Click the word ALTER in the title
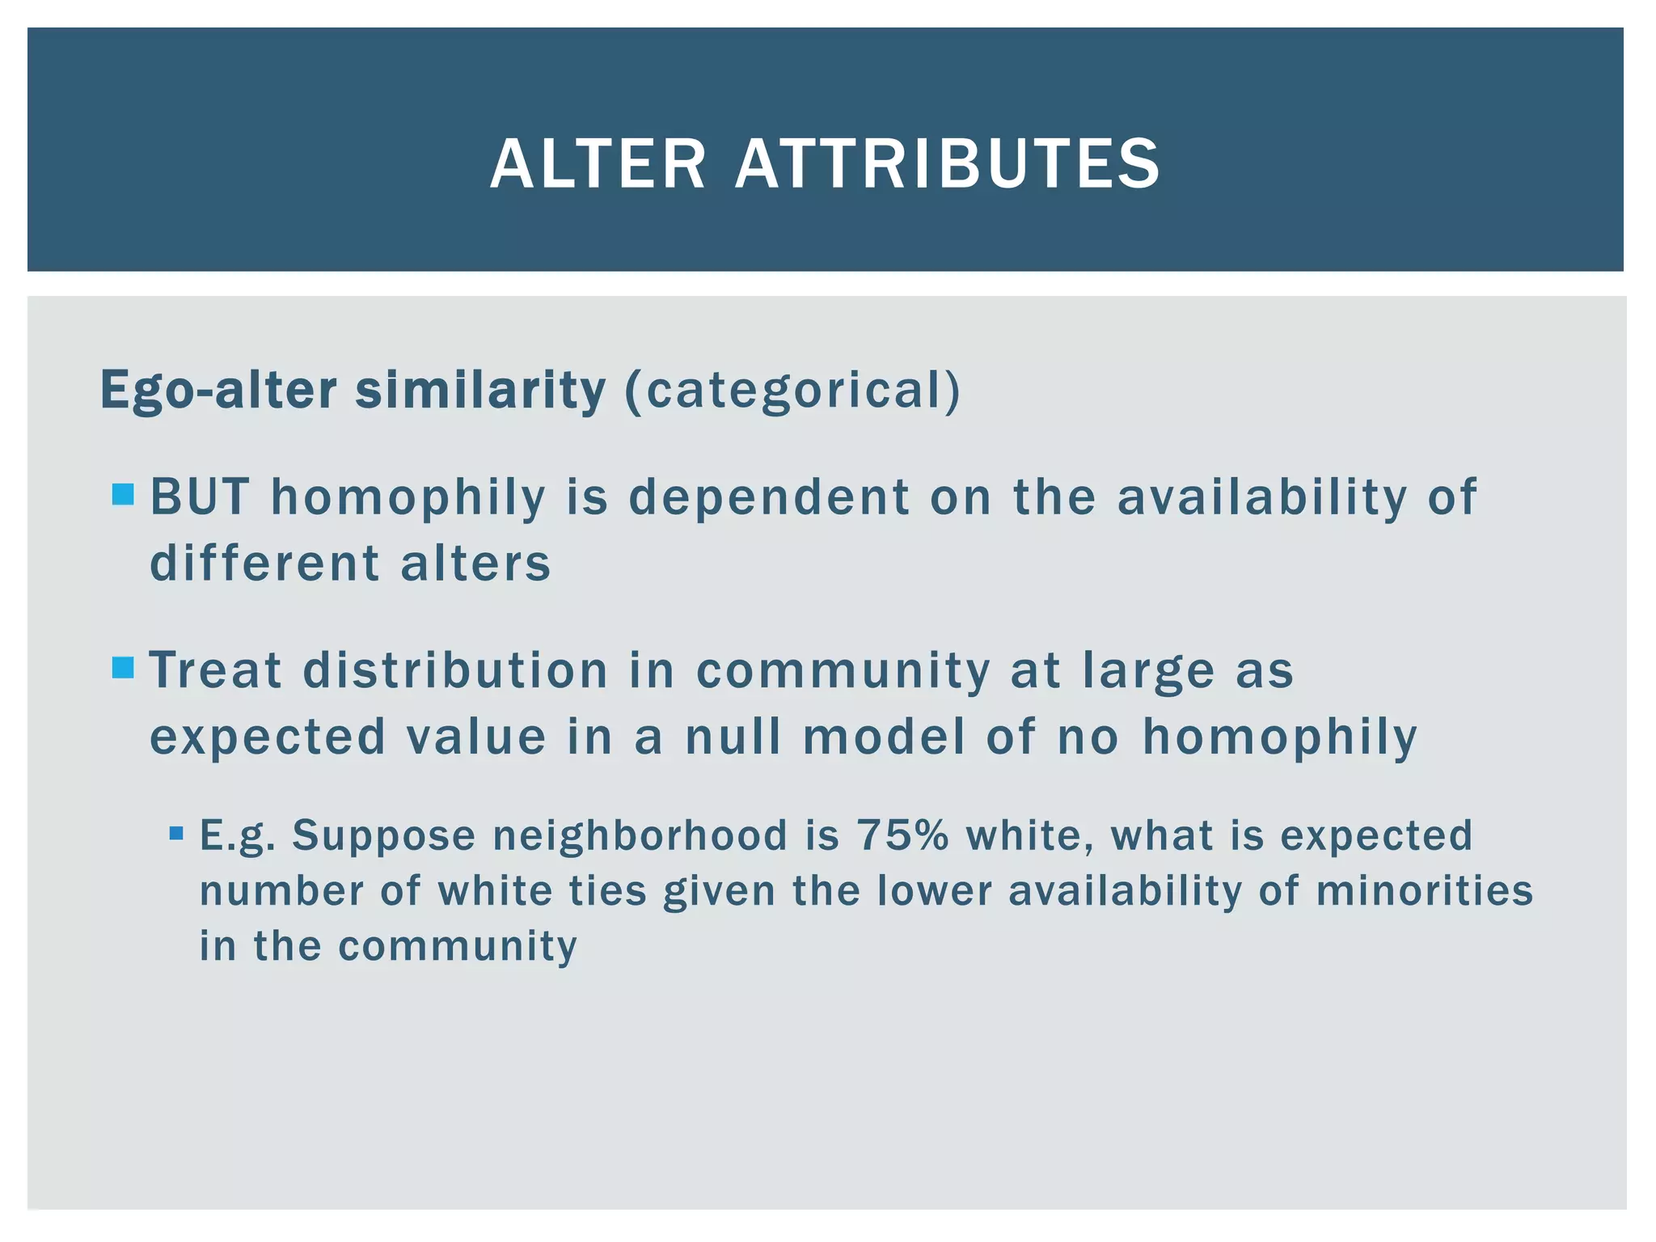[598, 164]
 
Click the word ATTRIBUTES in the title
[947, 164]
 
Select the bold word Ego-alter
[218, 390]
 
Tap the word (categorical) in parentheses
[792, 390]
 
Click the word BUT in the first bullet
[200, 496]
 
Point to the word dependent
[769, 496]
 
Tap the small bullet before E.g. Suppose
[177, 833]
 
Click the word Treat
[216, 670]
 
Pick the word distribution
[455, 670]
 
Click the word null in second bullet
[733, 737]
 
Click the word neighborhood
[640, 835]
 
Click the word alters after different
[475, 564]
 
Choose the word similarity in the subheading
[480, 390]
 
